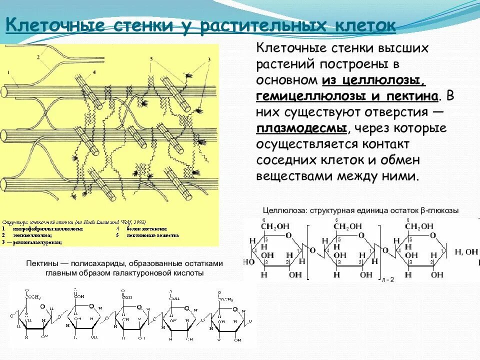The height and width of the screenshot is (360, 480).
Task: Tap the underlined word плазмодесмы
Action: (301, 128)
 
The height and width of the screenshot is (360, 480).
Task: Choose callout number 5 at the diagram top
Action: (150, 59)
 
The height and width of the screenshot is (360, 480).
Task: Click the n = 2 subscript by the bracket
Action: (387, 279)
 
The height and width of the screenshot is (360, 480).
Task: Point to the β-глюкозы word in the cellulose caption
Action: (441, 210)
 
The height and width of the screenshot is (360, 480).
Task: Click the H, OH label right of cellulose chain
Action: (466, 252)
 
